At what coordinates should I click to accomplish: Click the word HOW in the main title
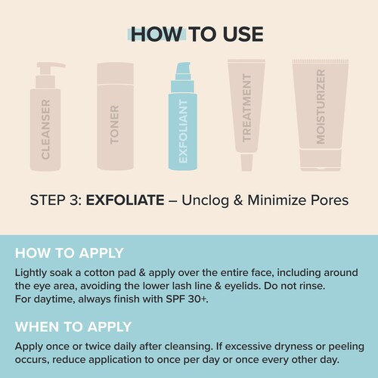click(156, 34)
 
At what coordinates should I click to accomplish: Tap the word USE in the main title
click(243, 34)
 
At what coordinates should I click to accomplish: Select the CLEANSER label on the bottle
click(45, 129)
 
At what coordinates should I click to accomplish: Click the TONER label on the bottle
click(114, 125)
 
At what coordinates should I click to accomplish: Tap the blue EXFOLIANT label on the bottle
click(183, 131)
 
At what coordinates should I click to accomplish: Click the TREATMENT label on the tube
click(246, 108)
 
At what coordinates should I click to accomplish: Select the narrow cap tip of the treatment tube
click(246, 163)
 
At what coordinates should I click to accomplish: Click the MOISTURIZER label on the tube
click(321, 107)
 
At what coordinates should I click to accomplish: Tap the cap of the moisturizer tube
click(321, 160)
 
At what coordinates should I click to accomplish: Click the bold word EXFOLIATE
click(125, 200)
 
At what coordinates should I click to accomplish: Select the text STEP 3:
click(56, 200)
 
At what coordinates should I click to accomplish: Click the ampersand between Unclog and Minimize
click(238, 200)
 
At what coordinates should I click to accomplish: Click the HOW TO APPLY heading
click(70, 253)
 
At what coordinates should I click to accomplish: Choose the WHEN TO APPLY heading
click(73, 327)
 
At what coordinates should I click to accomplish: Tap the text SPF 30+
click(187, 299)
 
